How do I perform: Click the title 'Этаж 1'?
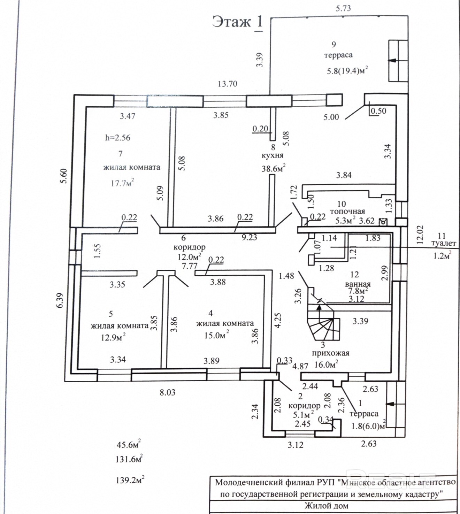(237, 23)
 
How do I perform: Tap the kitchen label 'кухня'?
(273, 155)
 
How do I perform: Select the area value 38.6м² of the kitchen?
(274, 168)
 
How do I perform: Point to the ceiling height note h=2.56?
(118, 138)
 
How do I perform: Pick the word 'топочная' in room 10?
(347, 211)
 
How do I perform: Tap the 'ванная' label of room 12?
(358, 284)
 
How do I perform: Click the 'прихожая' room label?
(331, 353)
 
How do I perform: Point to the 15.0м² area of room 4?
(217, 335)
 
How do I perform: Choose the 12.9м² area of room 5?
(113, 337)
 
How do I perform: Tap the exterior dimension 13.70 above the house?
(228, 84)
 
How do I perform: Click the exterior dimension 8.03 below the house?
(168, 392)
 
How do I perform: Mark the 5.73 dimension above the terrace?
(343, 8)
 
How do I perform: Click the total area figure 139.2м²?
(130, 480)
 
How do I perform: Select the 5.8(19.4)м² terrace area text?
(347, 71)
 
